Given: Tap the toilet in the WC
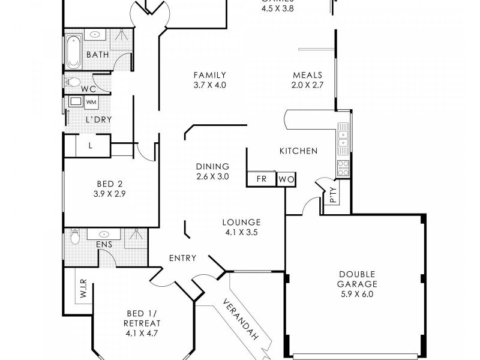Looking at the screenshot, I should pyautogui.click(x=71, y=82).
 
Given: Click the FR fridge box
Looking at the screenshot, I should pyautogui.click(x=262, y=179).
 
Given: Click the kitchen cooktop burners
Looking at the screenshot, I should pyautogui.click(x=343, y=167).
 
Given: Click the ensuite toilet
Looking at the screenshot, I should pyautogui.click(x=74, y=238).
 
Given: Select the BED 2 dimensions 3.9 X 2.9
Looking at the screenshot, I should pyautogui.click(x=109, y=194).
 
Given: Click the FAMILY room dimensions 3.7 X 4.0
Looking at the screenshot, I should pyautogui.click(x=209, y=85).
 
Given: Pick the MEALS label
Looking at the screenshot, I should pyautogui.click(x=308, y=76).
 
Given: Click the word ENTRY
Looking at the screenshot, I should pyautogui.click(x=182, y=258).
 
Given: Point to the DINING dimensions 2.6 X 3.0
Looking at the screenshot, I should pyautogui.click(x=212, y=176).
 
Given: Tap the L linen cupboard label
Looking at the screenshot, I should pyautogui.click(x=90, y=145).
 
